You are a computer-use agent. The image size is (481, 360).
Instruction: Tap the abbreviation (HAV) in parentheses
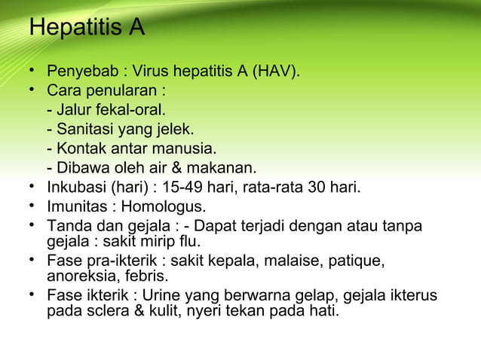tap(277, 73)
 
